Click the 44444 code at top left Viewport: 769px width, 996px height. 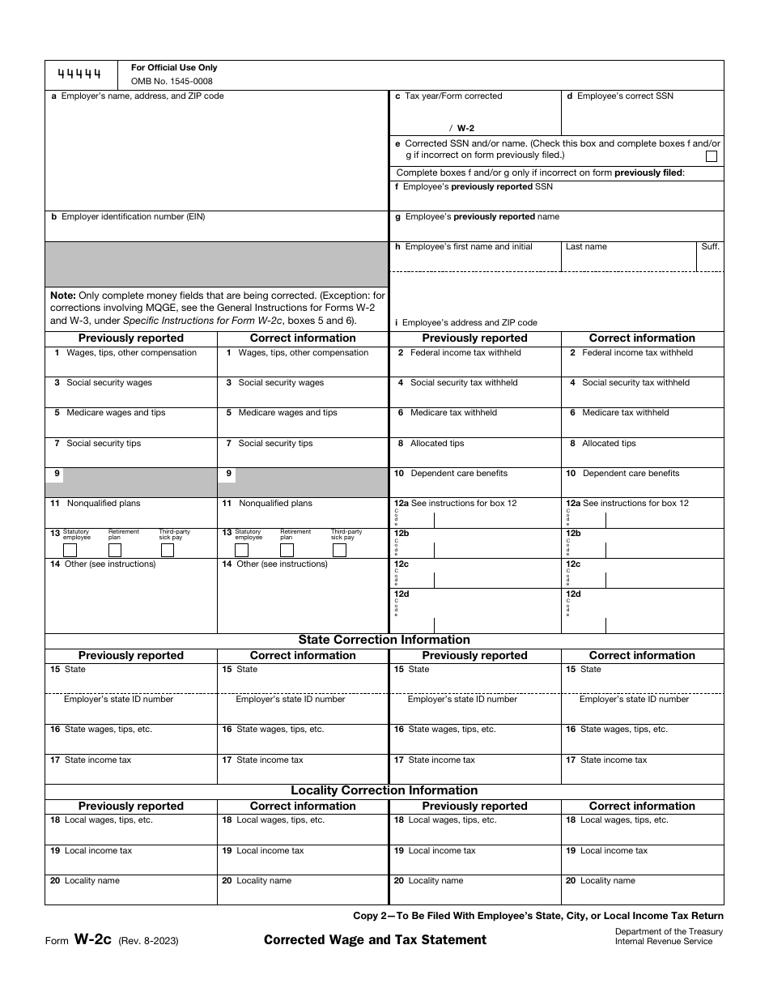[79, 74]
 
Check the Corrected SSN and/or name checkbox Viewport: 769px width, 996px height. [711, 156]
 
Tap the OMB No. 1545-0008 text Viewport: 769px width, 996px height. [172, 81]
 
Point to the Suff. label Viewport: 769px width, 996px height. [710, 247]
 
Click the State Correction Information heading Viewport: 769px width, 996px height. [384, 640]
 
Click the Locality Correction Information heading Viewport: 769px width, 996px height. [384, 790]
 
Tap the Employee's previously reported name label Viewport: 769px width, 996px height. [482, 217]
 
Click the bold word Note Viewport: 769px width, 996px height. [62, 296]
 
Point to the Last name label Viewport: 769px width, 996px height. [586, 247]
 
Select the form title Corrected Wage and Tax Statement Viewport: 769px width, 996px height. [375, 940]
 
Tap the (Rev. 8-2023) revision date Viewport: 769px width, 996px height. [149, 941]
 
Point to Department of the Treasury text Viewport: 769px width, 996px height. [669, 932]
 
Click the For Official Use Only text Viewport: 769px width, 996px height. [174, 68]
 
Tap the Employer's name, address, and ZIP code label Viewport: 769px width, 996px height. [138, 96]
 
